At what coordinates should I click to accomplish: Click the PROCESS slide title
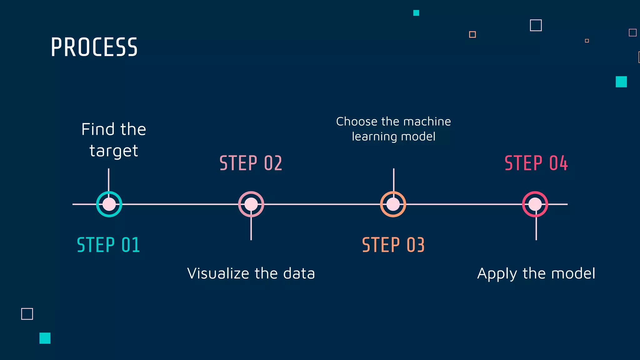(94, 47)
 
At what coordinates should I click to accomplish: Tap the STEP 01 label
(108, 245)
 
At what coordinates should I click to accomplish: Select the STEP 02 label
(251, 163)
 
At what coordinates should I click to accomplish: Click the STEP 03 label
(393, 245)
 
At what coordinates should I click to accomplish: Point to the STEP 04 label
(536, 163)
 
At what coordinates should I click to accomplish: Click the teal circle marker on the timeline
(109, 204)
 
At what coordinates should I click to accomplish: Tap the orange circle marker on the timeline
(393, 204)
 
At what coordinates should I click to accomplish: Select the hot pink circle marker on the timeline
(535, 204)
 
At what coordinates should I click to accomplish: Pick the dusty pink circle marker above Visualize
(251, 204)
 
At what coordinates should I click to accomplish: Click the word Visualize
(218, 273)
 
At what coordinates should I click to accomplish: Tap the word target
(114, 151)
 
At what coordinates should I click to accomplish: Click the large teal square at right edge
(621, 82)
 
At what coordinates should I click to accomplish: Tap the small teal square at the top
(416, 13)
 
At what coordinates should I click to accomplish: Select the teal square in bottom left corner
(45, 338)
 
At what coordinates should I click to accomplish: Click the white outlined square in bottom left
(27, 314)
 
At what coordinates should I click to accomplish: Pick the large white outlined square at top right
(536, 25)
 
